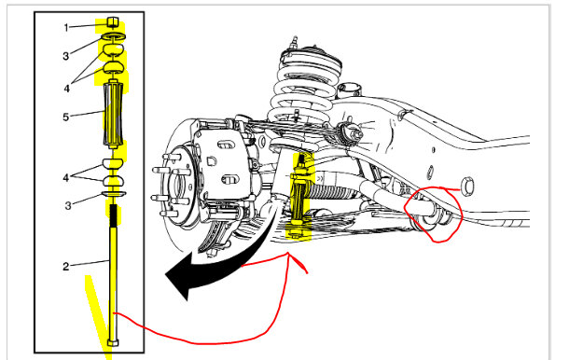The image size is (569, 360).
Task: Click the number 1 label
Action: point(66,28)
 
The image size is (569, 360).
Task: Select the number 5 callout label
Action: point(65,118)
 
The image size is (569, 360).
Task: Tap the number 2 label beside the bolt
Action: point(65,267)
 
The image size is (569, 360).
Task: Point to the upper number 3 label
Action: point(65,56)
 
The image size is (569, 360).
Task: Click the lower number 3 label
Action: point(68,206)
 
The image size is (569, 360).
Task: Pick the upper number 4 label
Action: point(67,89)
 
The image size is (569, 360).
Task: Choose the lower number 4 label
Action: point(65,178)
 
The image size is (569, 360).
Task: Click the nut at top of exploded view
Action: point(113,22)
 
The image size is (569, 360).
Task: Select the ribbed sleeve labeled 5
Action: point(113,116)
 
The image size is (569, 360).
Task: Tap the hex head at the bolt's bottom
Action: point(113,342)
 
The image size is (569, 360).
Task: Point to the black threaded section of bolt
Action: point(113,215)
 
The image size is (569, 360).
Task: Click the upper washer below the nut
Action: point(113,36)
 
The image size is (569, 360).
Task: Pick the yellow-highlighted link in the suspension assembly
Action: point(300,196)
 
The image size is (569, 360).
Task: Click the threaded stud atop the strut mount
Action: point(295,41)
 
